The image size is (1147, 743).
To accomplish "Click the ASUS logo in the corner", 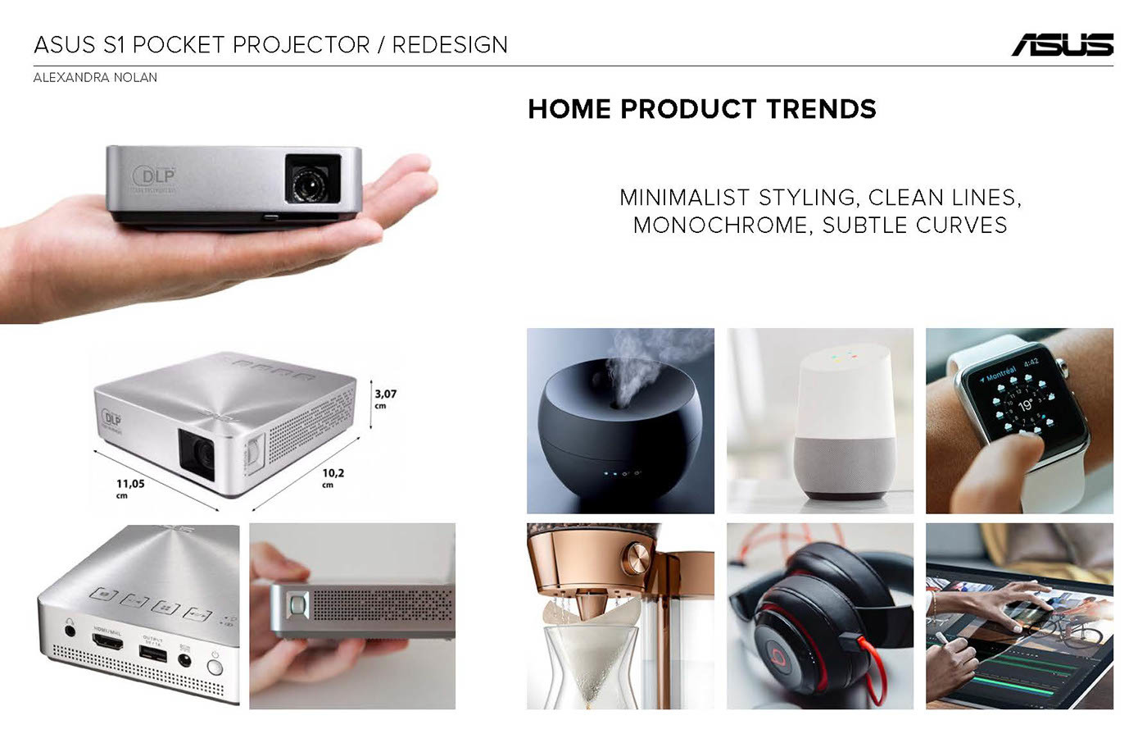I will pos(1062,44).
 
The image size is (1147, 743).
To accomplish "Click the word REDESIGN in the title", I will pos(450,44).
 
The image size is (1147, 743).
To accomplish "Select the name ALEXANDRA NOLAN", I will pos(95,77).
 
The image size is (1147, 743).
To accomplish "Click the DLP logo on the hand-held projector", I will pos(155,176).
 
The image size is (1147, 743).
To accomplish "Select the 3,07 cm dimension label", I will pos(385,399).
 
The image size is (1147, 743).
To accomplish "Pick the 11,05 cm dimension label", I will pos(129,488).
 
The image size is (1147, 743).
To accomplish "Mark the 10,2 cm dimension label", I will pos(333,477).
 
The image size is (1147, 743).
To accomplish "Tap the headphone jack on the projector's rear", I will pos(69,631).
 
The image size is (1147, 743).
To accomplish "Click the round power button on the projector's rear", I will pos(215,667).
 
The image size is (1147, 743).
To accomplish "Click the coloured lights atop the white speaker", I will pos(842,357).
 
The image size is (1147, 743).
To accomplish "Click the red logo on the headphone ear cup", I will pos(778,656).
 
